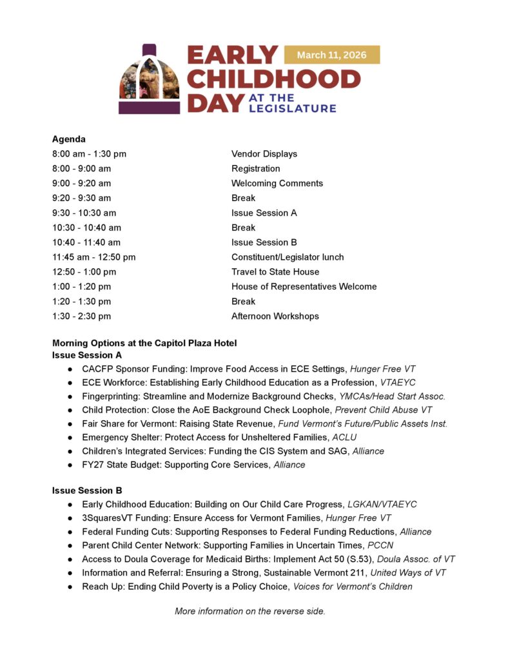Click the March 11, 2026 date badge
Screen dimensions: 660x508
pyautogui.click(x=331, y=55)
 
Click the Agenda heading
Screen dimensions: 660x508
pyautogui.click(x=69, y=139)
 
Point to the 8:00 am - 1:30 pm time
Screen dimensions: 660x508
pyautogui.click(x=89, y=154)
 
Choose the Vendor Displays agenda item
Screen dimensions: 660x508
pyautogui.click(x=264, y=154)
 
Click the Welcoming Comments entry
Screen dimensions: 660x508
pyautogui.click(x=277, y=183)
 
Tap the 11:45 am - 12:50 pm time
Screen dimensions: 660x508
pyautogui.click(x=94, y=257)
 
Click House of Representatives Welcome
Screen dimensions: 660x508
pyautogui.click(x=304, y=287)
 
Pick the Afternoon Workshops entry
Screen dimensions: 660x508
pyautogui.click(x=275, y=316)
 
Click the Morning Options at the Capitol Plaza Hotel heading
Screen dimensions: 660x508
pyautogui.click(x=144, y=343)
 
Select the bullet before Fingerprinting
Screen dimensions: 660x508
pyautogui.click(x=70, y=396)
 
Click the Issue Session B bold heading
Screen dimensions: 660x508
pyautogui.click(x=87, y=490)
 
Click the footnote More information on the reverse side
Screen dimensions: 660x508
pyautogui.click(x=250, y=611)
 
